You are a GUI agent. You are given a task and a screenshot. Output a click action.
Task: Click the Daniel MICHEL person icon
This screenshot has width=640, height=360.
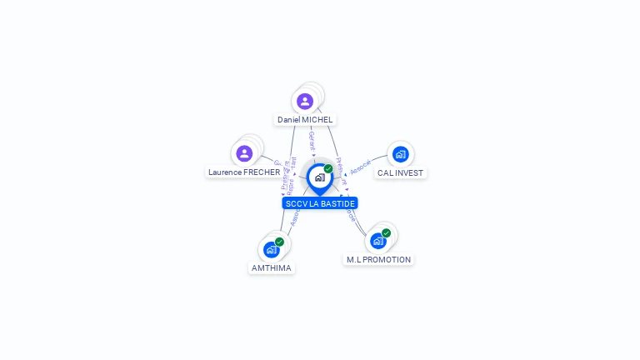[x=305, y=101]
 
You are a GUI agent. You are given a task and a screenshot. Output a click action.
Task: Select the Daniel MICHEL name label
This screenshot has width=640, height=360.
[x=305, y=120]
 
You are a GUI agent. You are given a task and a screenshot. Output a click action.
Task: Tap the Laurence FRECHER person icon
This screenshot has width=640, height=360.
[x=244, y=153]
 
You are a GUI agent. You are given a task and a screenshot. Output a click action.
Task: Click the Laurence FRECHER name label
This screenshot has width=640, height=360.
[x=244, y=172]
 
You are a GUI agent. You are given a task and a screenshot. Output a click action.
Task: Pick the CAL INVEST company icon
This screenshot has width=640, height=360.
[x=400, y=154]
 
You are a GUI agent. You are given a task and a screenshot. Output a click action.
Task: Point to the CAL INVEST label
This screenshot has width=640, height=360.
[x=400, y=173]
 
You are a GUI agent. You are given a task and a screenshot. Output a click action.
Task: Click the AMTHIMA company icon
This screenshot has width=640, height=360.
[x=271, y=249]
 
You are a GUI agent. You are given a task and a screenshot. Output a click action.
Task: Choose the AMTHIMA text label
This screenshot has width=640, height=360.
[x=272, y=268]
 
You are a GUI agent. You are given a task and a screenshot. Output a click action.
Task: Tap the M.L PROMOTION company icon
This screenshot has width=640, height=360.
[x=378, y=241]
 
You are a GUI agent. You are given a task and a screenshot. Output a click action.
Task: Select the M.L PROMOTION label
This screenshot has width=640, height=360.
[x=379, y=260]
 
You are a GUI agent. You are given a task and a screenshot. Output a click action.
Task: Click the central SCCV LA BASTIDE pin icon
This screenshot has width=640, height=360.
[x=319, y=177]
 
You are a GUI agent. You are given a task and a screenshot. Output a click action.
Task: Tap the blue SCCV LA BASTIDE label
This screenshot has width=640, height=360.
[x=320, y=203]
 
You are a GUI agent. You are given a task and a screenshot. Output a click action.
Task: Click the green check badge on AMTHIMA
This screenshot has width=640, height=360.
[x=279, y=242]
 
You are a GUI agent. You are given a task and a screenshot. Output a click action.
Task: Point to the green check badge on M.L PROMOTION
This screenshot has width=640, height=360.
[x=386, y=233]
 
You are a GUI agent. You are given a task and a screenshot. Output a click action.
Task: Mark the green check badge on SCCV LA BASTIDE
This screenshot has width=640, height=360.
[x=328, y=169]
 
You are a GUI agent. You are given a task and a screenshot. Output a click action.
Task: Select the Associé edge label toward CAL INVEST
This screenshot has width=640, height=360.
[x=361, y=167]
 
